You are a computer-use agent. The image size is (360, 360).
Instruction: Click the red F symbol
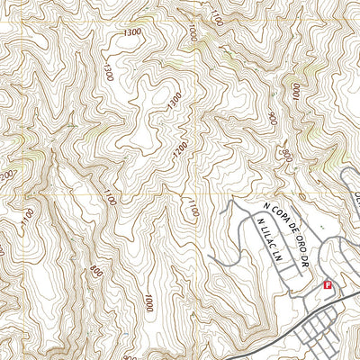[x=327, y=285]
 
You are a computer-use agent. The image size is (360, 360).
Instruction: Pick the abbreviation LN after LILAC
[x=271, y=255]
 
